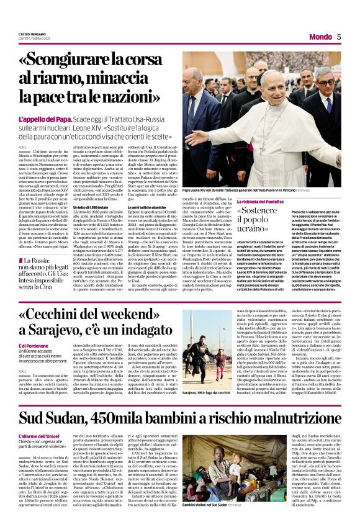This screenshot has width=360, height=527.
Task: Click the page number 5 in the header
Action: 339,37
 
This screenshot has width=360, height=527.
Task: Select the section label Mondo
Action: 320,37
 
